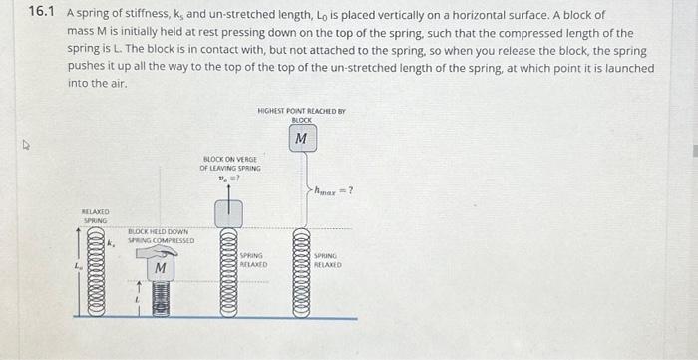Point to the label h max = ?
coord(334,191)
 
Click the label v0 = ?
coord(230,179)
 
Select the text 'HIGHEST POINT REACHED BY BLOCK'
coord(300,114)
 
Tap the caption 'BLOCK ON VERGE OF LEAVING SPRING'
coord(230,164)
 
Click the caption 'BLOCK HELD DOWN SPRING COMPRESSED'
coord(158,236)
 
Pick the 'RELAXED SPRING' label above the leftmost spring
coord(95,216)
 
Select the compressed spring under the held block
coord(160,299)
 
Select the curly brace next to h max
coord(310,189)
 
